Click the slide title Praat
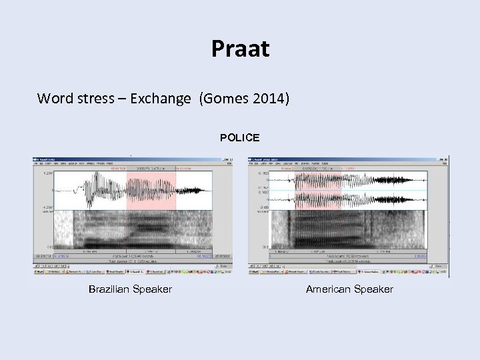click(240, 49)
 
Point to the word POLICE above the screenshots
click(240, 137)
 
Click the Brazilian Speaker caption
click(130, 289)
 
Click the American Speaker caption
click(349, 289)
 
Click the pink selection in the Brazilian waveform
click(151, 190)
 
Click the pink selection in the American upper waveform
click(317, 180)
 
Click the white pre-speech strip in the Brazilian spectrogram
click(63, 230)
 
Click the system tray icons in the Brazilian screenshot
click(223, 272)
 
